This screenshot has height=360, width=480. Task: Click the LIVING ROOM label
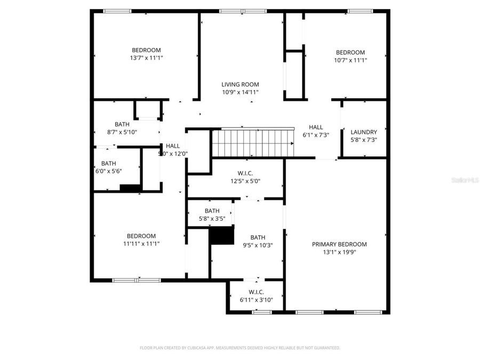240,84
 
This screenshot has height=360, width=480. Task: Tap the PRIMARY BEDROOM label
339,244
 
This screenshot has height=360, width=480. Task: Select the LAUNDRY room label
364,132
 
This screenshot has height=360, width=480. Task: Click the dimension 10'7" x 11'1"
350,60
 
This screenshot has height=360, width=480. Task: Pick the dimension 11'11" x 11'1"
141,244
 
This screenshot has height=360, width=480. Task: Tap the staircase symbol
253,142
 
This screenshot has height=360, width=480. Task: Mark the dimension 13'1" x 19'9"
339,252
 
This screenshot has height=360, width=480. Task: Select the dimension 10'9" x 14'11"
240,92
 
